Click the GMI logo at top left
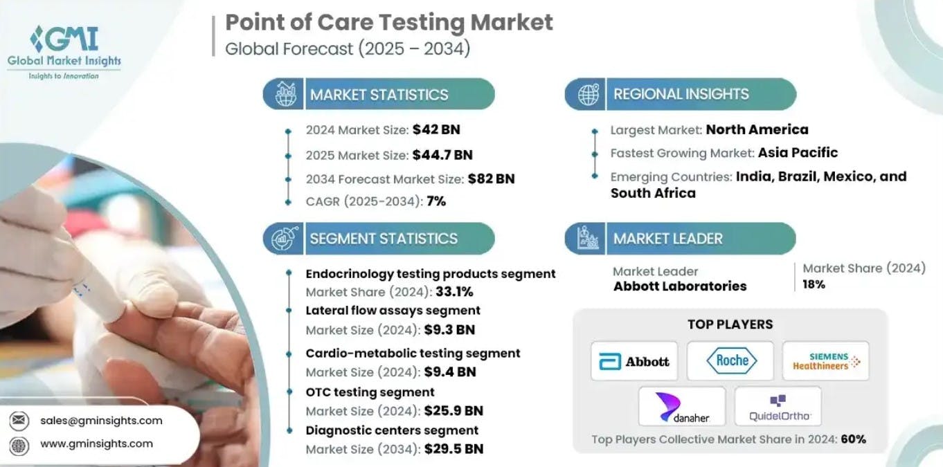point(64,51)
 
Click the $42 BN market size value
point(436,129)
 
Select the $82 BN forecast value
point(491,179)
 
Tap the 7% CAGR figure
point(436,201)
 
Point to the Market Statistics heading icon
point(285,94)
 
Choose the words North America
point(757,129)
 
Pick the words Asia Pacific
point(798,153)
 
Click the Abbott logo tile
point(635,360)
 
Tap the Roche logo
point(731,360)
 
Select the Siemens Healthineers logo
point(825,360)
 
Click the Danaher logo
point(682,406)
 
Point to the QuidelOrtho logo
point(778,406)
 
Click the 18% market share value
point(814,284)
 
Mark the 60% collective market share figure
point(853,439)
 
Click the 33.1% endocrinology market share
point(454,292)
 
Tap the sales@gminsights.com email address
point(101,420)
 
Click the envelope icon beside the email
point(19,420)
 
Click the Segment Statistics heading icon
point(285,239)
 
